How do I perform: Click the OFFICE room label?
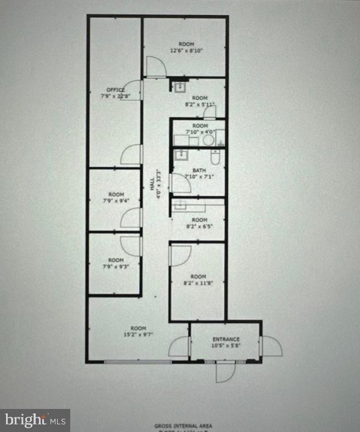[115, 89]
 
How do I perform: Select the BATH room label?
[199, 170]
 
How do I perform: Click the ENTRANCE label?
[226, 339]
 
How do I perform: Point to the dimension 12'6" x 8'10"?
[186, 50]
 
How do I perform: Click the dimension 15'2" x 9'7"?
[138, 334]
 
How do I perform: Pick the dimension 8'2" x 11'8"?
[198, 282]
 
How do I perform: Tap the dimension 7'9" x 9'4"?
[116, 200]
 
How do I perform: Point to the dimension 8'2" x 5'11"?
[200, 103]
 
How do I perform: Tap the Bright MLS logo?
[35, 420]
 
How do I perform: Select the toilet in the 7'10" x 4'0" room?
[209, 139]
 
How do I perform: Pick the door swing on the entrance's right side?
[272, 346]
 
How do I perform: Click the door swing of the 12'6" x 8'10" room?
[155, 67]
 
